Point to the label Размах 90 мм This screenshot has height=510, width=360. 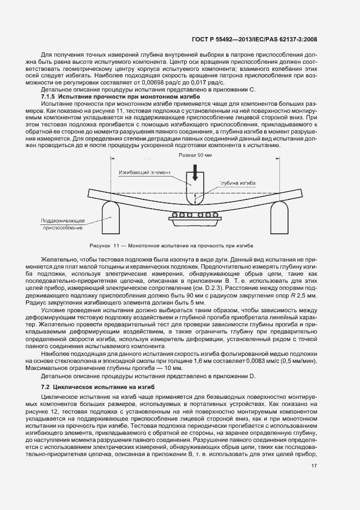point(195,156)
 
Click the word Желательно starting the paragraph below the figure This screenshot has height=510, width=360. point(59,260)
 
